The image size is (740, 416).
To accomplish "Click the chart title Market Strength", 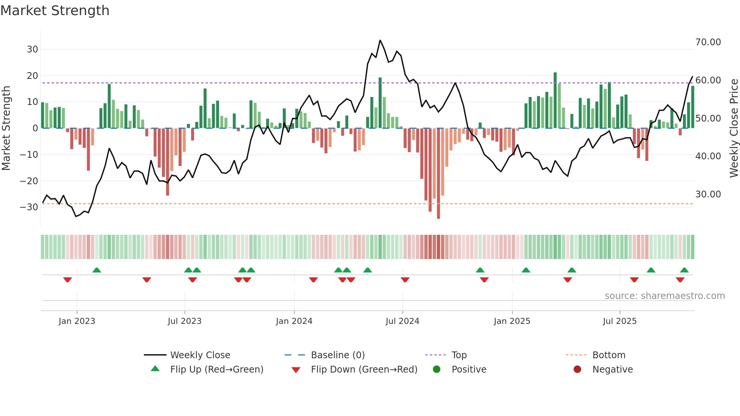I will pos(55,11).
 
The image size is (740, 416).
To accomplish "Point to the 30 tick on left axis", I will pos(32,49).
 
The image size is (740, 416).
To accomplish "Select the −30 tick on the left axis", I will pos(29,207).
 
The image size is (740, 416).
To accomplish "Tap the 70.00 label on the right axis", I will pos(708,42).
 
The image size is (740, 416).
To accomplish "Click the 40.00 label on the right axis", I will pos(708,156).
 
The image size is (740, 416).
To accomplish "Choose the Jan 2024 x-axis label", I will pos(294,321).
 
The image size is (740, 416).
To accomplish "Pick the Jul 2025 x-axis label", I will pos(620,321).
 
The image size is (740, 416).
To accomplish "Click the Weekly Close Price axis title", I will pos(734,128).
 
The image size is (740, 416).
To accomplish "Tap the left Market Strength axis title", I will pos(6,128).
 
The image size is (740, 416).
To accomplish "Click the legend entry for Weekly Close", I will pos(200,355).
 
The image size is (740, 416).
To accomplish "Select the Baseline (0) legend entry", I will pos(338,355).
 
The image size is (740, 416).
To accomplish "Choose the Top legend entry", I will pos(459,355).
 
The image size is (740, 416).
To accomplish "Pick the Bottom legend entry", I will pos(609,355).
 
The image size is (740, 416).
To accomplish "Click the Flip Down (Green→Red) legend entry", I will pos(364,370).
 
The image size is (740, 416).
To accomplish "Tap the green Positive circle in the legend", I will pos(437,370).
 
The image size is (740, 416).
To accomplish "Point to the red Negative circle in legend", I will pos(577,370).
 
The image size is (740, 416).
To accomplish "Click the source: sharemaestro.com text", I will pos(664,296).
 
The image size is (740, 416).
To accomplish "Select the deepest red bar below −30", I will pos(438,174).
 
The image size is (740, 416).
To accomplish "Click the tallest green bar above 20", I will pos(555,100).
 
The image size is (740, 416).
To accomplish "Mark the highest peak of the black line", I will pos(380,40).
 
